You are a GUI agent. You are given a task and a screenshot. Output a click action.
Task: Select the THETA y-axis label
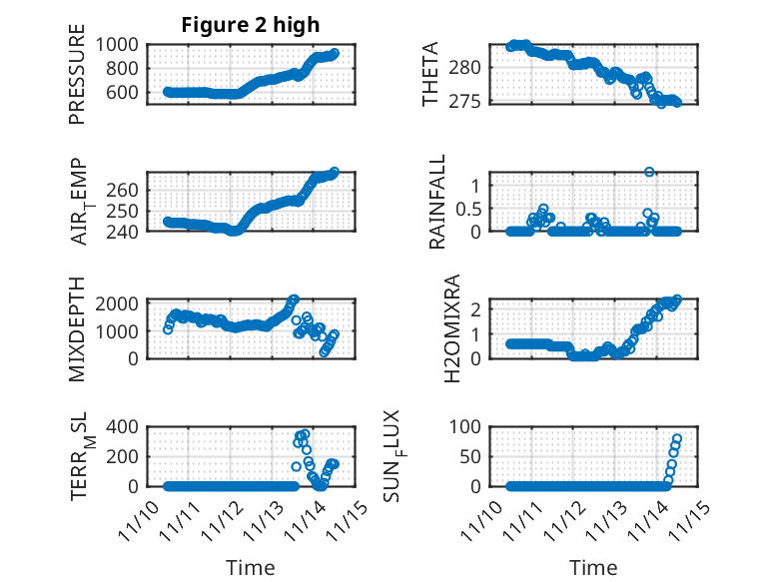430,75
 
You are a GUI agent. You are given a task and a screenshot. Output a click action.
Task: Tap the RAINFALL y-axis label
436,203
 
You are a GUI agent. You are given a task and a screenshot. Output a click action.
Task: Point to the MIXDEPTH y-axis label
77,328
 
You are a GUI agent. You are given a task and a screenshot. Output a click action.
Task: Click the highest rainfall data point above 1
649,172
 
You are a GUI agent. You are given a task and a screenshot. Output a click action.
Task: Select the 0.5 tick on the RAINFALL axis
468,208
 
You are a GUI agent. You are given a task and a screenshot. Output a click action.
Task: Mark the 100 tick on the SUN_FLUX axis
468,426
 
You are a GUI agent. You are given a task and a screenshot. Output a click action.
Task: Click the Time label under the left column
250,568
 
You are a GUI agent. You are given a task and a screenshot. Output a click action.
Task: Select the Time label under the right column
593,568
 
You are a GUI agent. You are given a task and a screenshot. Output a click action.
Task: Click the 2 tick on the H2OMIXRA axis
476,309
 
